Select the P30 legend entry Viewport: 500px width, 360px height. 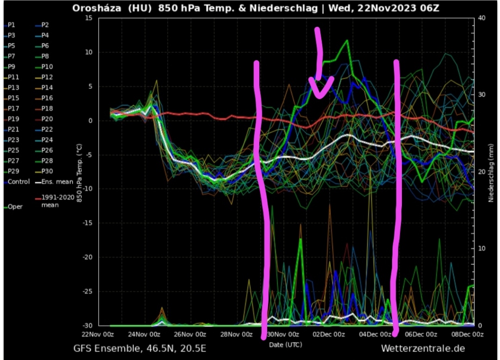click(47, 171)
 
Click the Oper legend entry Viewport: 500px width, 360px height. click(15, 207)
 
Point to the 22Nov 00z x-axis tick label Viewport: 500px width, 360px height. click(98, 335)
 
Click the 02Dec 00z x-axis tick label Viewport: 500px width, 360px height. click(329, 335)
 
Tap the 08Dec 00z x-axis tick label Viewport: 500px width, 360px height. click(467, 335)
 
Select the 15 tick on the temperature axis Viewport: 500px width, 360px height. click(88, 18)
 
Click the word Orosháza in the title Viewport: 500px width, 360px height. click(95, 8)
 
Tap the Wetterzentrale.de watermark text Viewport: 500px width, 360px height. click(422, 348)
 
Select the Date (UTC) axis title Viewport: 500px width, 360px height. click(286, 345)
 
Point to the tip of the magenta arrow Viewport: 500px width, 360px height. click(320, 96)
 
